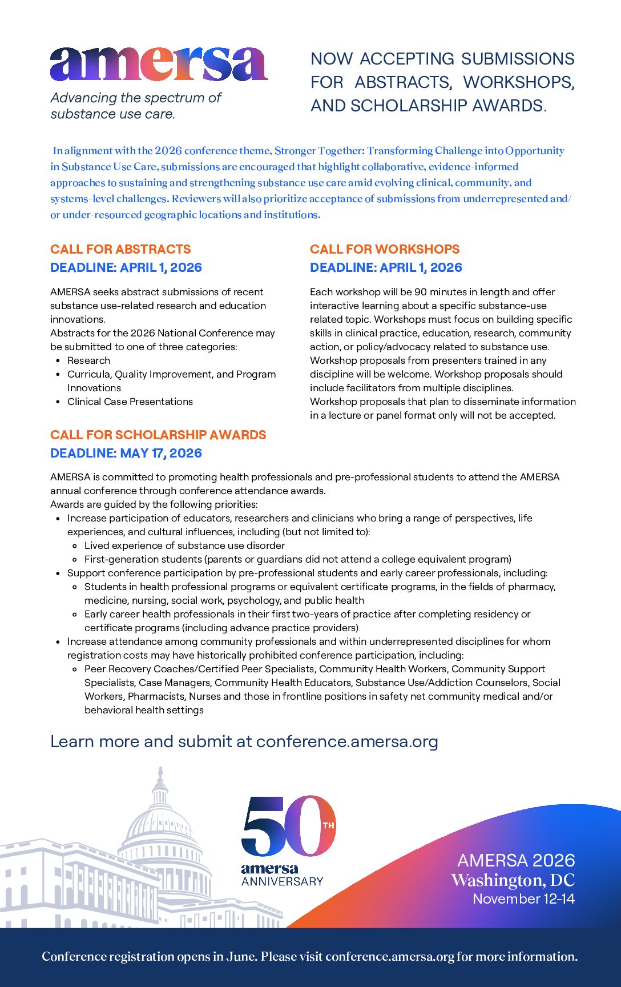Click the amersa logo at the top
pos(158,64)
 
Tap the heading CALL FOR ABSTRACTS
pos(120,250)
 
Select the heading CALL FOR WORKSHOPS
pos(385,250)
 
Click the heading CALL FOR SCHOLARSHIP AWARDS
pos(158,435)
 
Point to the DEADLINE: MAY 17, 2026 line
pos(126,454)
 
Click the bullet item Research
pos(88,360)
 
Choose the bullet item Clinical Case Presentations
pos(130,402)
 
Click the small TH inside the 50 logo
pos(328,825)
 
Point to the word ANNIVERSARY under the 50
pos(282,881)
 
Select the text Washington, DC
pos(513,880)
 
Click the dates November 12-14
pos(523,899)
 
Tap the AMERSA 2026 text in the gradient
pos(516,861)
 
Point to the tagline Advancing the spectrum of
pos(136,98)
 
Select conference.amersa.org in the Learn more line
pos(347,741)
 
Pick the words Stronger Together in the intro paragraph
pos(318,151)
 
